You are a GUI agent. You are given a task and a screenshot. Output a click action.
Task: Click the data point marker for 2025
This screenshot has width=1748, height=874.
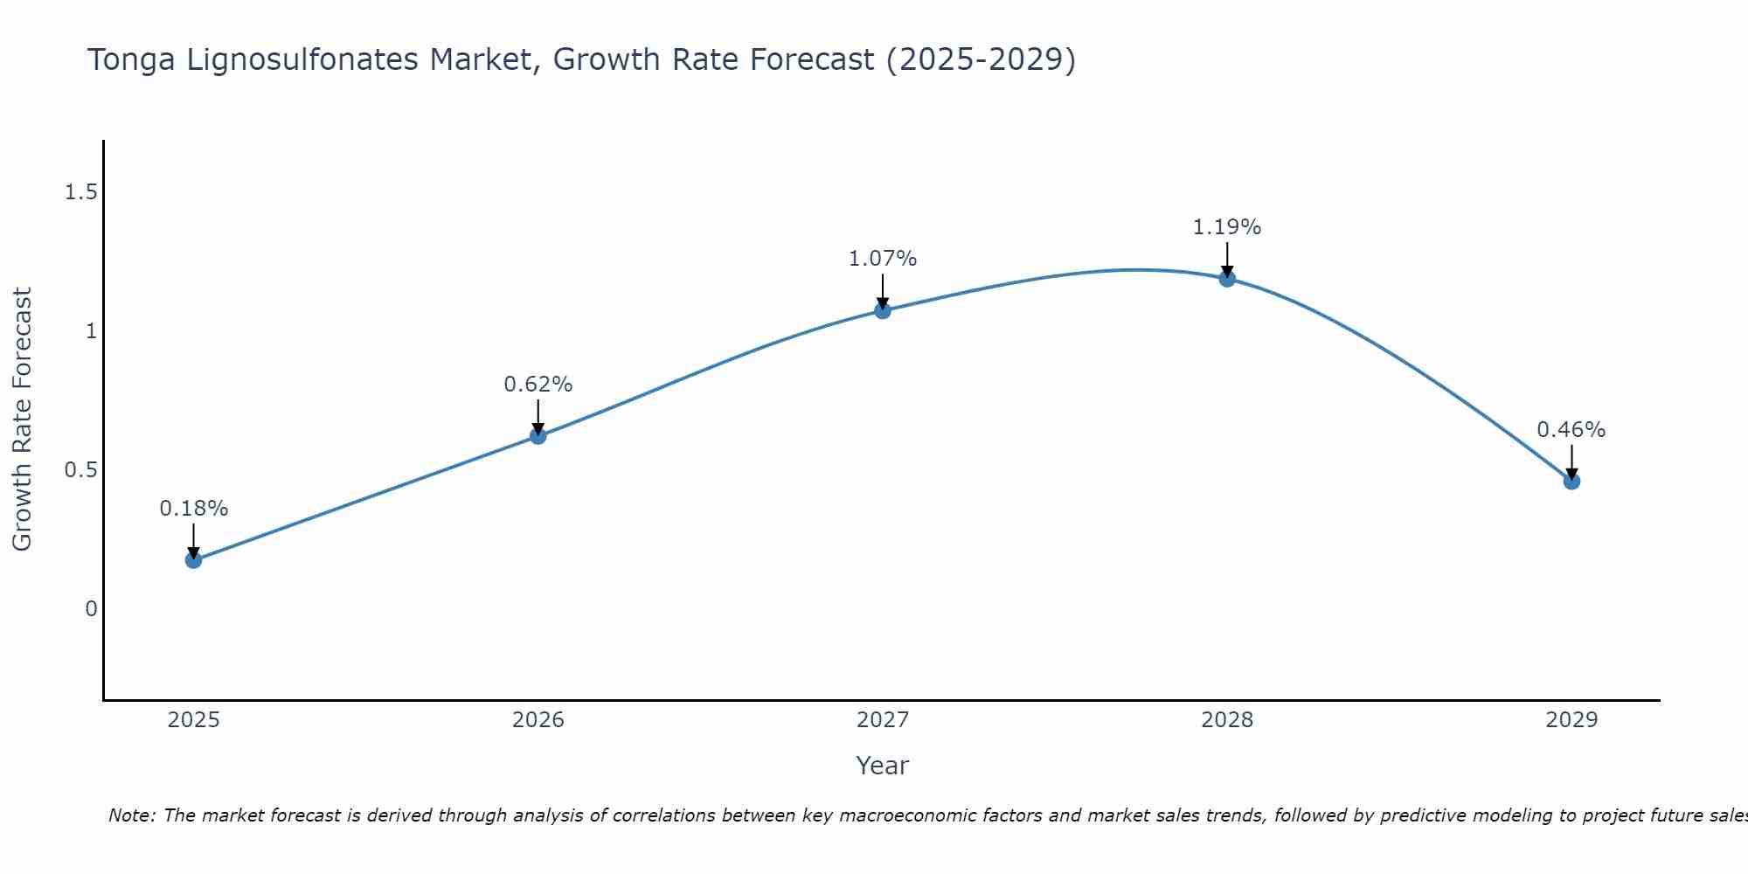click(x=194, y=559)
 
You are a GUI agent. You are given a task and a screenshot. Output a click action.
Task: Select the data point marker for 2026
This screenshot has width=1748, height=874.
click(x=538, y=435)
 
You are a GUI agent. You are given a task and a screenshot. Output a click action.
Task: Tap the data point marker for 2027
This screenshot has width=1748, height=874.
click(x=883, y=310)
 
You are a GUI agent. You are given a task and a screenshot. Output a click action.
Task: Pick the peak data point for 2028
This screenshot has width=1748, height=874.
click(x=1227, y=278)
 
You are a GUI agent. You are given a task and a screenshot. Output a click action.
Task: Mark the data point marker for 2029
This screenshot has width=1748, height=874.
click(x=1571, y=481)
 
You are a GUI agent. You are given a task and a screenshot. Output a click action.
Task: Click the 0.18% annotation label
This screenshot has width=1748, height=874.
click(x=194, y=509)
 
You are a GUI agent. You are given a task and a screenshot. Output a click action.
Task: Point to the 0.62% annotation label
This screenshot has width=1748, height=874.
click(x=538, y=385)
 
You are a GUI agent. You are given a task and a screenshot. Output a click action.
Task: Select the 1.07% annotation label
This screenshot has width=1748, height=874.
click(x=883, y=259)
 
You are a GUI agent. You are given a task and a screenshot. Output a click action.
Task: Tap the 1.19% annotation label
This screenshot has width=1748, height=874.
click(x=1227, y=227)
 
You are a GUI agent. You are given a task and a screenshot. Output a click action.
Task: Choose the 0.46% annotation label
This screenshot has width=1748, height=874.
click(x=1571, y=430)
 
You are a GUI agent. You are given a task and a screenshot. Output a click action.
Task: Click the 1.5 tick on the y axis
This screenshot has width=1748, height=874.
click(x=80, y=192)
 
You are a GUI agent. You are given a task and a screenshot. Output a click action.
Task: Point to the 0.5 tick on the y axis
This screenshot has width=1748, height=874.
click(x=80, y=470)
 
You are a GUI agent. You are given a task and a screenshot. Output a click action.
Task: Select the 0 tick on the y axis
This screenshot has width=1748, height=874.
click(x=91, y=609)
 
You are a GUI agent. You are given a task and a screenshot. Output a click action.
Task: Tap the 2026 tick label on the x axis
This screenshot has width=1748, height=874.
click(x=538, y=720)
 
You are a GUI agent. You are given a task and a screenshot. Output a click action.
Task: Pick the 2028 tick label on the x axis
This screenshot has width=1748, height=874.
click(x=1227, y=720)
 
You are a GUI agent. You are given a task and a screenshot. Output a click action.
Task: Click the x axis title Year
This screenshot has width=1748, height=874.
click(x=883, y=766)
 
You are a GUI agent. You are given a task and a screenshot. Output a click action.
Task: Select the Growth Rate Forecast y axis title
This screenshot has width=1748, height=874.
click(x=23, y=420)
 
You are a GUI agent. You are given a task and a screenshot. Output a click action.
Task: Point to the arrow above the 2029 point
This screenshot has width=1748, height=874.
click(x=1571, y=461)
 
